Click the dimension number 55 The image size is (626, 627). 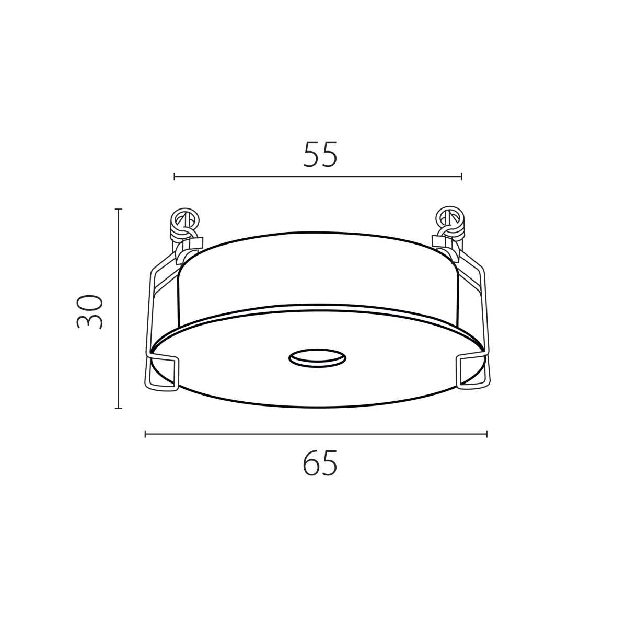pyautogui.click(x=320, y=154)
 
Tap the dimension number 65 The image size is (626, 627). pyautogui.click(x=320, y=463)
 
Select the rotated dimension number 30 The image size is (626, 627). pyautogui.click(x=89, y=311)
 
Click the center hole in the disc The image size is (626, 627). pyautogui.click(x=317, y=358)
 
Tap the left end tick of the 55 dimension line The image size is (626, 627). pyautogui.click(x=175, y=177)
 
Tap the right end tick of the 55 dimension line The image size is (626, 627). pyautogui.click(x=461, y=177)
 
